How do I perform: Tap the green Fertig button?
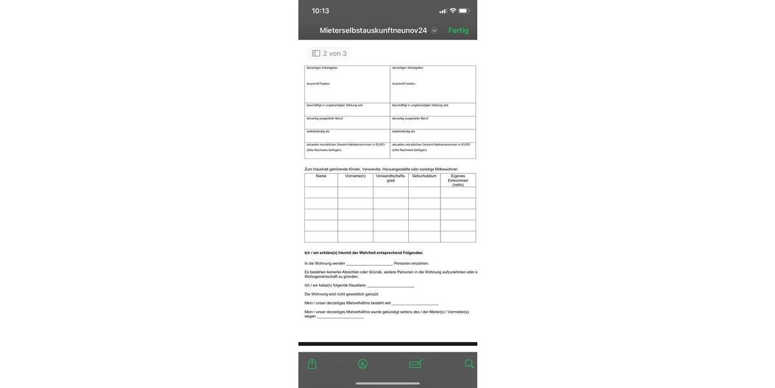[x=459, y=30]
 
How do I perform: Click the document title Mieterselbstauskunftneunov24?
[x=373, y=30]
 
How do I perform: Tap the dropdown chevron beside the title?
[x=435, y=30]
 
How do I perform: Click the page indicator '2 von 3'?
[x=335, y=54]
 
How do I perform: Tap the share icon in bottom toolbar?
[x=313, y=364]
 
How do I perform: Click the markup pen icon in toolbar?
[x=363, y=364]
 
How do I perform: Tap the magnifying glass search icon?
[x=470, y=364]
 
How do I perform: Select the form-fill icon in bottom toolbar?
[x=416, y=364]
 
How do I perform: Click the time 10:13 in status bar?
[x=320, y=11]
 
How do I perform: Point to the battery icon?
[x=464, y=11]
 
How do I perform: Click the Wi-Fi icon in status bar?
[x=453, y=11]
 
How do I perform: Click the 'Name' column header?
[x=321, y=176]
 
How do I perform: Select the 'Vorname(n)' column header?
[x=355, y=176]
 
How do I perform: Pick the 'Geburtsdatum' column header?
[x=424, y=176]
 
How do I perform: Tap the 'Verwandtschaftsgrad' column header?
[x=391, y=178]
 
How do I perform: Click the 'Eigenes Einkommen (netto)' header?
[x=458, y=180]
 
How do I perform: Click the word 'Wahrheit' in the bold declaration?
[x=367, y=253]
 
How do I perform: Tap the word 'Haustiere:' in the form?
[x=358, y=285]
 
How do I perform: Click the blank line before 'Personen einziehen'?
[x=369, y=264]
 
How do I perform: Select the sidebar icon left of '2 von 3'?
[x=316, y=54]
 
